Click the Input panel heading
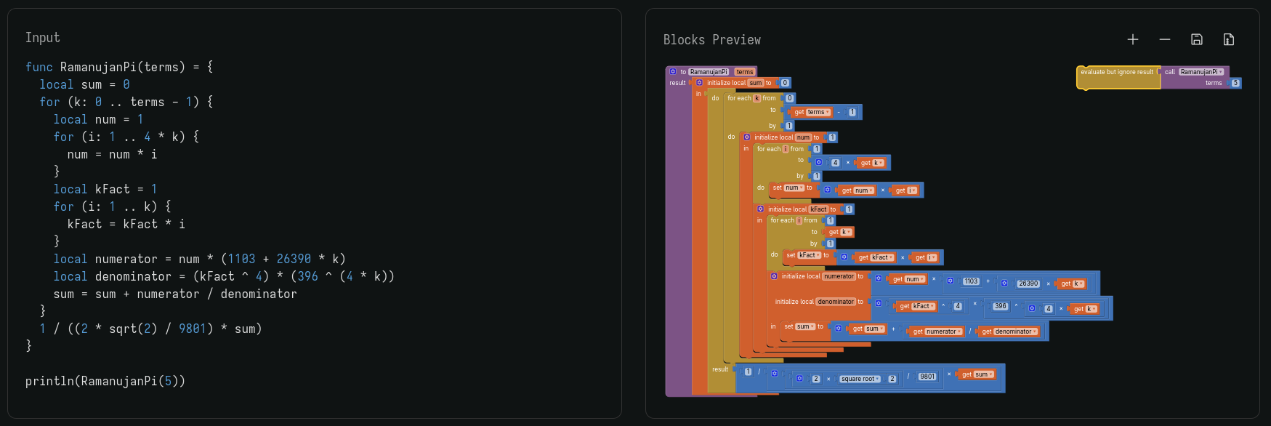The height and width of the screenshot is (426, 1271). tap(42, 38)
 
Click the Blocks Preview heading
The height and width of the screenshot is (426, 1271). tap(711, 40)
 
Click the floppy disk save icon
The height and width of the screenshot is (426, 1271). tap(1196, 39)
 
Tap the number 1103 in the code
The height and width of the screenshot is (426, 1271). tap(241, 259)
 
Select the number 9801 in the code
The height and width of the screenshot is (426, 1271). tap(193, 329)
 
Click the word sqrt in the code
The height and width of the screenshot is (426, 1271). tap(123, 329)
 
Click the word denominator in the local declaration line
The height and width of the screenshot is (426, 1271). tap(133, 276)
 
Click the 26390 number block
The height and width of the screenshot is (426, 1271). tap(1028, 284)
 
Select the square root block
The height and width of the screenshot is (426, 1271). tap(858, 379)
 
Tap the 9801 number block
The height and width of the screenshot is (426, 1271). tap(927, 377)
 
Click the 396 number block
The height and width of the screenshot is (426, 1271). tap(1001, 306)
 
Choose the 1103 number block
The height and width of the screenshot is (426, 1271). tap(971, 281)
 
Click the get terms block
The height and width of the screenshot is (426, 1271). tap(812, 112)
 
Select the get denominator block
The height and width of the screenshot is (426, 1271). tap(1009, 331)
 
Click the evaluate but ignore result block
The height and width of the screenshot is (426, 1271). tap(1116, 72)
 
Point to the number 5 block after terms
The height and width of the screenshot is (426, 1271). tap(1235, 83)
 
